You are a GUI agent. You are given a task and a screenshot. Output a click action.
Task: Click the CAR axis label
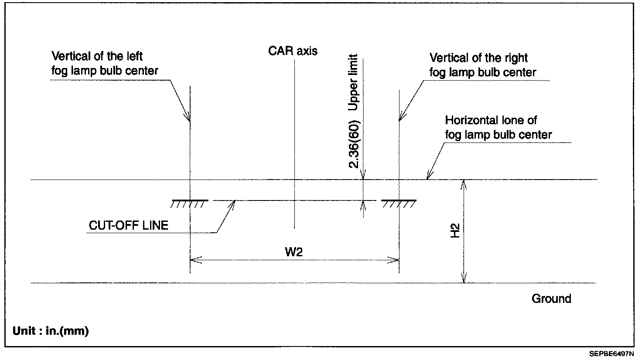(293, 51)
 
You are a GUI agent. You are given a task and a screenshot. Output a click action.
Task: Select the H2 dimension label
(455, 231)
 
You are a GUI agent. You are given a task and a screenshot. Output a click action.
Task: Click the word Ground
(551, 299)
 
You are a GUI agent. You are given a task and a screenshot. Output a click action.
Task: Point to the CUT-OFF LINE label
(129, 225)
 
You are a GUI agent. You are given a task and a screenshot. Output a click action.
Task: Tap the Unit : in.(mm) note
(51, 331)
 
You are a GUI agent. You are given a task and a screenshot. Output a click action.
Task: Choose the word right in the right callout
(515, 58)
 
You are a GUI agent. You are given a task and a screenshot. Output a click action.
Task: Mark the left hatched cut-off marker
(189, 203)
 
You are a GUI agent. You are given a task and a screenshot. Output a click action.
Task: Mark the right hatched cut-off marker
(399, 203)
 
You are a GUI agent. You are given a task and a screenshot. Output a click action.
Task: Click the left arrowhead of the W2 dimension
(194, 260)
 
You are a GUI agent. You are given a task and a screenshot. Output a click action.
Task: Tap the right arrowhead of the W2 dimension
(395, 260)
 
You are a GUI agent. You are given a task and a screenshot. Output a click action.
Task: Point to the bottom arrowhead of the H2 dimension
(464, 279)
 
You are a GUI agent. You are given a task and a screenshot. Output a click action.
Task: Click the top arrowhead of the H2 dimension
(464, 183)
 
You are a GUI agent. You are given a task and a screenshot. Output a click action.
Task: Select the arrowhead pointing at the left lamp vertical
(188, 117)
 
